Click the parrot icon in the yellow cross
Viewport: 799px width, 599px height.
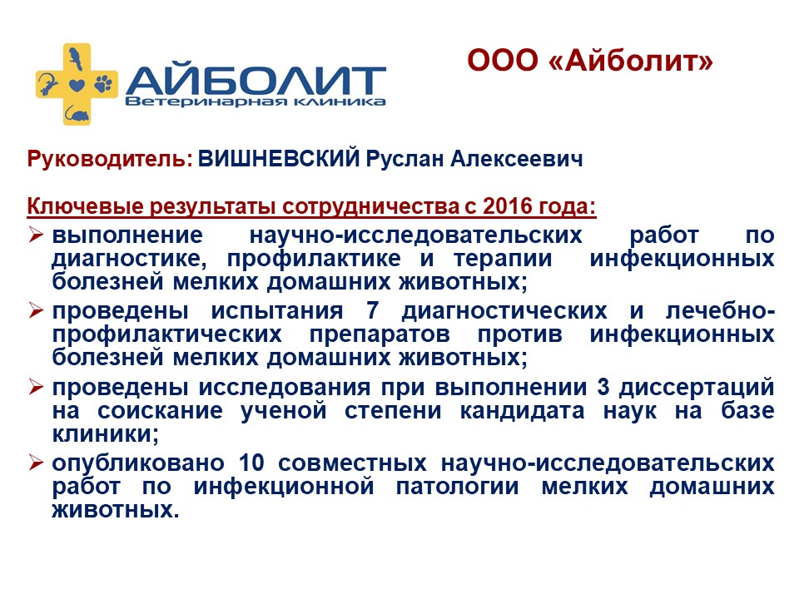point(76,58)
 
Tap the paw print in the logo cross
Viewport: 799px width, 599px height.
point(104,82)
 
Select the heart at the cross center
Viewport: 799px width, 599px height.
point(77,85)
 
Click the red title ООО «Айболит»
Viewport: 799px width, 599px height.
point(590,60)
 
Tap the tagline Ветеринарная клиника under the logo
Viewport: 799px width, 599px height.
point(255,101)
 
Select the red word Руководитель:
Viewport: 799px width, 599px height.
point(110,159)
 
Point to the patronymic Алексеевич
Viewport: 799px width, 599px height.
point(516,159)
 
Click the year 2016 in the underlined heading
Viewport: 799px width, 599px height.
point(507,206)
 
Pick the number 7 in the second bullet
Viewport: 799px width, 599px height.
point(373,310)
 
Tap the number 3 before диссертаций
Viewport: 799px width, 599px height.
point(603,387)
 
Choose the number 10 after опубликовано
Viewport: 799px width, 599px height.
point(251,463)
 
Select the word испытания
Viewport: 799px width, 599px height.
point(277,311)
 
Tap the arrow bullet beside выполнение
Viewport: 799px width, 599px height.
point(36,235)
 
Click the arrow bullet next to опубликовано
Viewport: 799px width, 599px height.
point(36,463)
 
